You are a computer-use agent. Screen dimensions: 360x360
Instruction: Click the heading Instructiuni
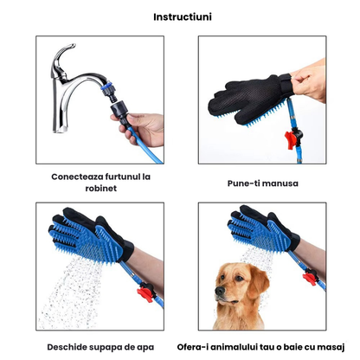(x=183, y=17)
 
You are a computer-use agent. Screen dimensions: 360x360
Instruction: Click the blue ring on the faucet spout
(x=106, y=86)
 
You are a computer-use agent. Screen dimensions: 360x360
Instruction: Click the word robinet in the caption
(x=101, y=188)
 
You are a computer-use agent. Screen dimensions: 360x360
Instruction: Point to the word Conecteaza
(x=77, y=177)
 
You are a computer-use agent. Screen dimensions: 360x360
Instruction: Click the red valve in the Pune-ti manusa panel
(x=292, y=138)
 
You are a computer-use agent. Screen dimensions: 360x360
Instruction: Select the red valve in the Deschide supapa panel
(x=146, y=292)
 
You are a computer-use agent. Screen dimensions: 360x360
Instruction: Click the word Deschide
(x=67, y=347)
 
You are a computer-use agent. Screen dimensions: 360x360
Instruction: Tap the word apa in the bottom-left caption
(x=145, y=348)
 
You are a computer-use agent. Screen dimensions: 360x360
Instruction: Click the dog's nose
(x=220, y=291)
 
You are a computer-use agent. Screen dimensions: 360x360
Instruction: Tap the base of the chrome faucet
(x=60, y=127)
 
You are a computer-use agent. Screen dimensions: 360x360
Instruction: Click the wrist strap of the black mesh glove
(x=286, y=84)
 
